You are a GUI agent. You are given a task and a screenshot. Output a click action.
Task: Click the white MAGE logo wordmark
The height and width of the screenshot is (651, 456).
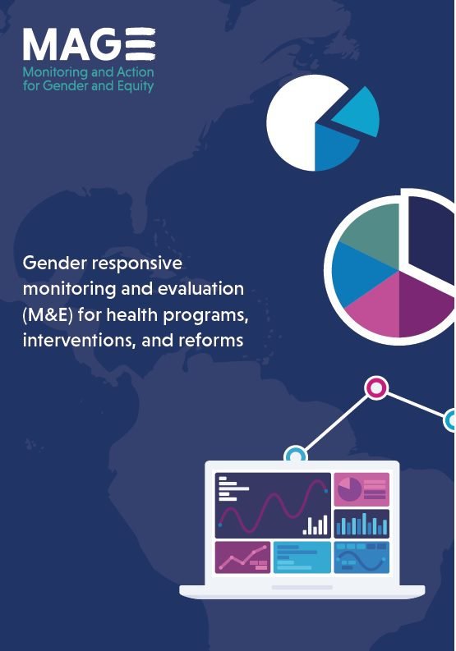pyautogui.click(x=89, y=44)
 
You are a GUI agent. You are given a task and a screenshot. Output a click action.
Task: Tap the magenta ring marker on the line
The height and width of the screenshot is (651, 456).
pyautogui.click(x=375, y=387)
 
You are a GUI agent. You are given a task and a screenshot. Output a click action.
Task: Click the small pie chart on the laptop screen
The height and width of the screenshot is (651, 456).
pyautogui.click(x=349, y=489)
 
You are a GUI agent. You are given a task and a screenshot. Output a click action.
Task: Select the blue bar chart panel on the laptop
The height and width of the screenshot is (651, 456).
pyautogui.click(x=362, y=524)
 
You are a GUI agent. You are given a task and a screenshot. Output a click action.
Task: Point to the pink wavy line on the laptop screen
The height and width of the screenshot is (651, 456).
pyautogui.click(x=273, y=506)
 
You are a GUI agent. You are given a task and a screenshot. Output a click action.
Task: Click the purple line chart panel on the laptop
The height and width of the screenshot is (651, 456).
pyautogui.click(x=242, y=557)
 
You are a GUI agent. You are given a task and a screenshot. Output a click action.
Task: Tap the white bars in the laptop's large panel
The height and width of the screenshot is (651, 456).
pyautogui.click(x=315, y=525)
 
